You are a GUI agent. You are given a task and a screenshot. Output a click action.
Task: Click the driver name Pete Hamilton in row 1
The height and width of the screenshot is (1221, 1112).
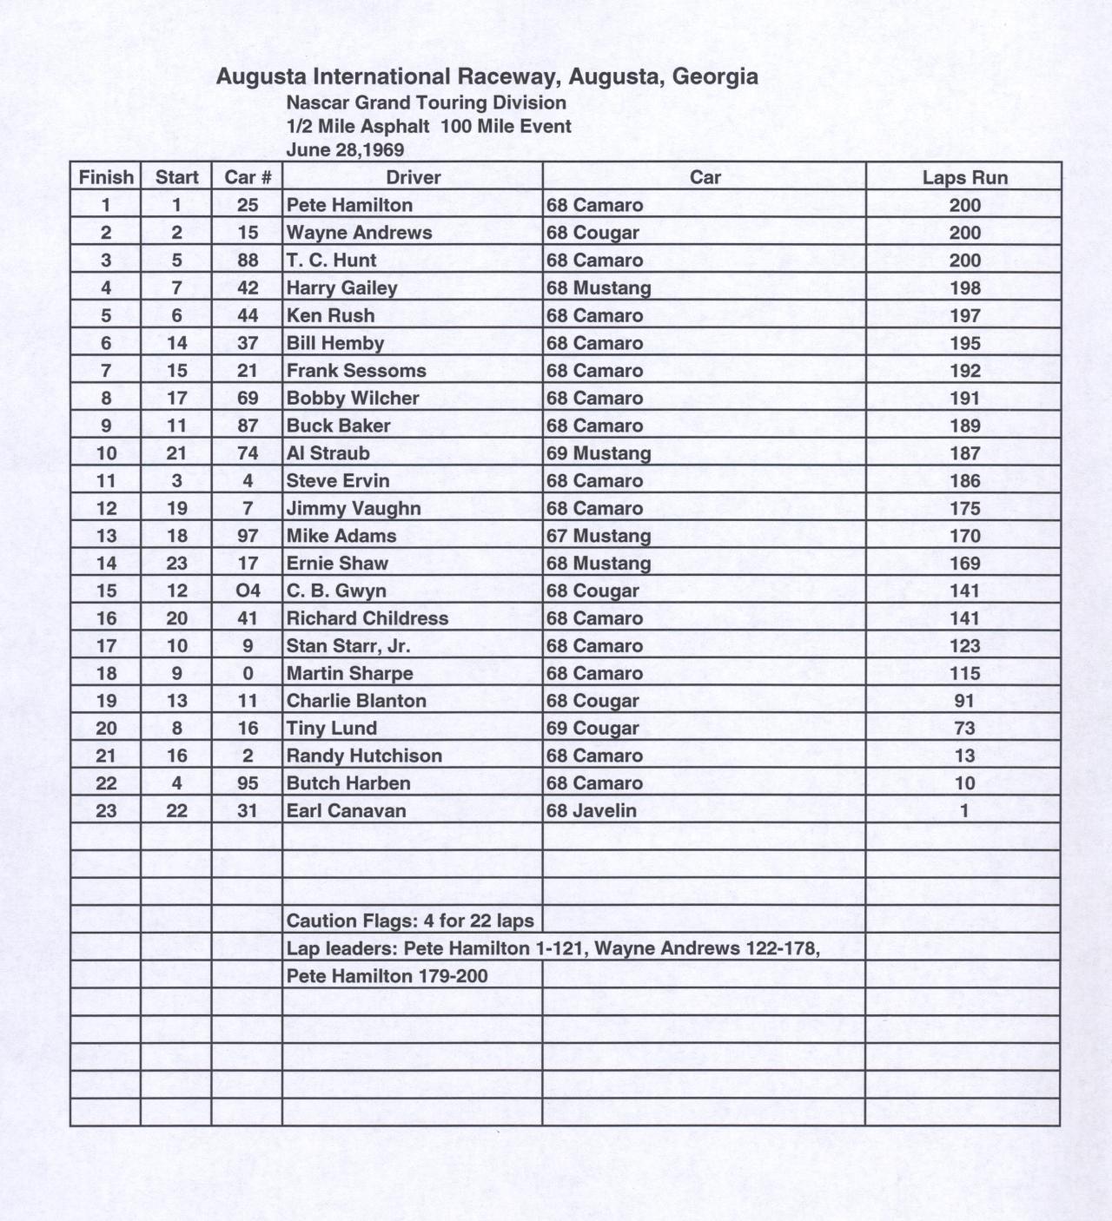(349, 205)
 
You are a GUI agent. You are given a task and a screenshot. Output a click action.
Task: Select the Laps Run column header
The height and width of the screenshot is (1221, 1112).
(964, 178)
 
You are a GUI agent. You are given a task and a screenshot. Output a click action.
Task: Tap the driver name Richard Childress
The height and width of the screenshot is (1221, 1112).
(367, 618)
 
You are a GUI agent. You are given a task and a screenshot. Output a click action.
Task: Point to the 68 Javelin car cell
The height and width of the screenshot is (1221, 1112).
(591, 811)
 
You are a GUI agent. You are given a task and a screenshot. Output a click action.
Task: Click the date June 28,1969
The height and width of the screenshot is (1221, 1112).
(345, 149)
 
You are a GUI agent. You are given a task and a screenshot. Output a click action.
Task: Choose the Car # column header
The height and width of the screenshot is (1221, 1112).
(248, 178)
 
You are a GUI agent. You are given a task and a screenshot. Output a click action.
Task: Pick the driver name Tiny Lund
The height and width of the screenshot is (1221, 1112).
(331, 729)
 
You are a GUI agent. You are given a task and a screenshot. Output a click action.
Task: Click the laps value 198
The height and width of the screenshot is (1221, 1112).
(964, 288)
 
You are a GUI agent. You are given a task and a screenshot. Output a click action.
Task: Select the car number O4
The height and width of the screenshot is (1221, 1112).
(248, 591)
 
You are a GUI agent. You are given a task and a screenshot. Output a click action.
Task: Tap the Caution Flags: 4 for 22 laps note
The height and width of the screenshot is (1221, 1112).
(410, 921)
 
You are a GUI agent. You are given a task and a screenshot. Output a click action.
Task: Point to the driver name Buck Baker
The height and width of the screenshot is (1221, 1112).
(338, 426)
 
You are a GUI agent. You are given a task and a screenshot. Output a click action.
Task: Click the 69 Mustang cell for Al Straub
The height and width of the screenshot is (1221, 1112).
(599, 453)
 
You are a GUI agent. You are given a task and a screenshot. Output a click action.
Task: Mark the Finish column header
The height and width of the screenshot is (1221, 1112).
(106, 178)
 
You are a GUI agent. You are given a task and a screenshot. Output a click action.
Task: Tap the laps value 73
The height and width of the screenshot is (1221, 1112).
(964, 729)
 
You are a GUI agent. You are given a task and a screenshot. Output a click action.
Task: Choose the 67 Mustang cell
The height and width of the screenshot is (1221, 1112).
(599, 536)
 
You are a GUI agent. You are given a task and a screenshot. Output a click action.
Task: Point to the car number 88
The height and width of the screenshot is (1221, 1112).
(248, 261)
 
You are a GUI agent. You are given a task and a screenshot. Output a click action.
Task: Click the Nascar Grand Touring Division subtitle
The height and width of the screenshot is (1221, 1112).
(426, 102)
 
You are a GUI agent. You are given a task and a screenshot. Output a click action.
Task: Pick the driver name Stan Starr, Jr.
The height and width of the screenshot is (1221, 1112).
(348, 646)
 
